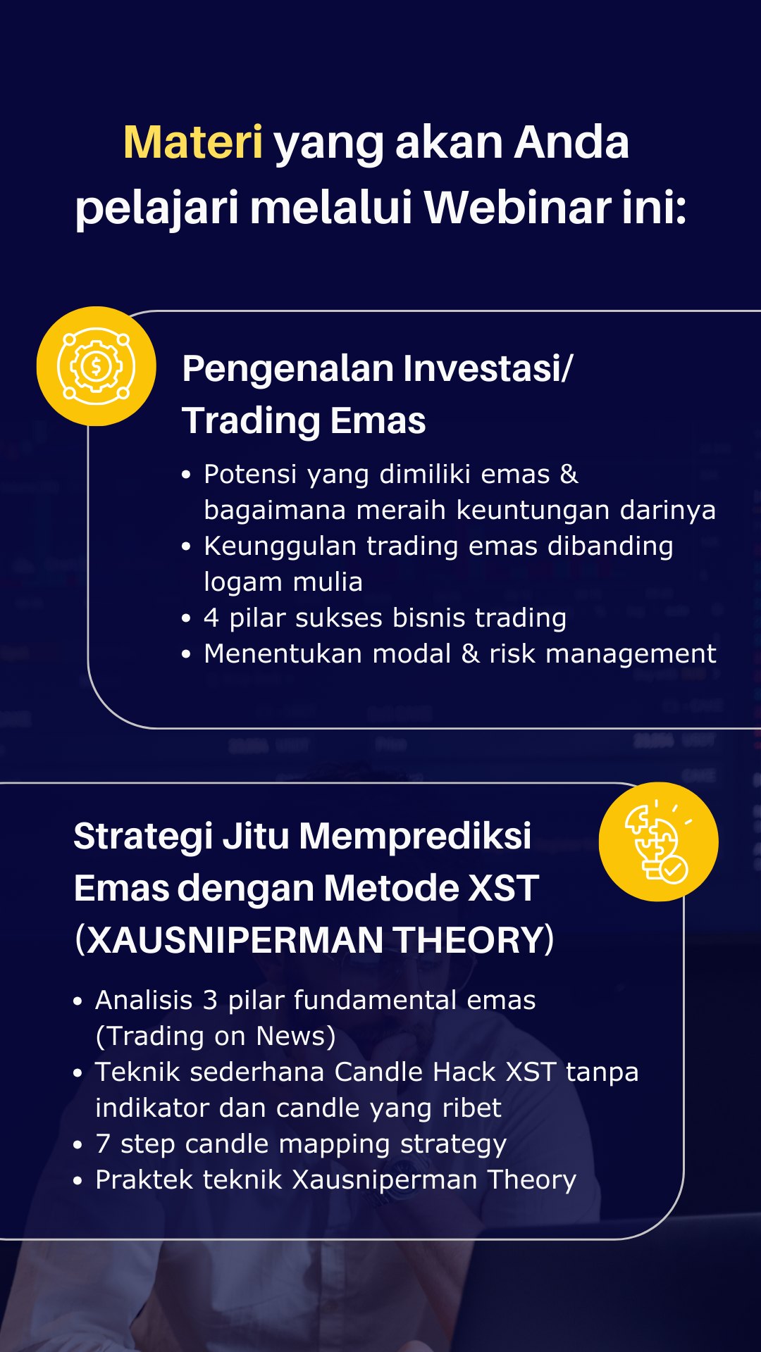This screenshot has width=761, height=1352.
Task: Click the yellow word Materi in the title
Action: pos(193,142)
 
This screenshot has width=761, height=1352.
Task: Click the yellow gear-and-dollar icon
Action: pos(96,366)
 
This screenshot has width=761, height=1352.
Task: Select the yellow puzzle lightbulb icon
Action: pos(658,841)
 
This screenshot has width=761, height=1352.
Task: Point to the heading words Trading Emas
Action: pos(304,421)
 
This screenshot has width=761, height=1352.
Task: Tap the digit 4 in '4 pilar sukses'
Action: pos(211,618)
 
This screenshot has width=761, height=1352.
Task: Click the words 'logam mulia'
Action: pos(283,582)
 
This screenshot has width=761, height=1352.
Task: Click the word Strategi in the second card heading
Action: pos(143,837)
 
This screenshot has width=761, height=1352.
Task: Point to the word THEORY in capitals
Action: pos(468,940)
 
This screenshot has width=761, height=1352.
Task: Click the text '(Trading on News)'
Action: pos(216,1037)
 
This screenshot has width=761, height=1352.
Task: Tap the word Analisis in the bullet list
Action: pos(144,1000)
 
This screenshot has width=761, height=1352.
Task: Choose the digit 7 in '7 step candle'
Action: pos(103,1144)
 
